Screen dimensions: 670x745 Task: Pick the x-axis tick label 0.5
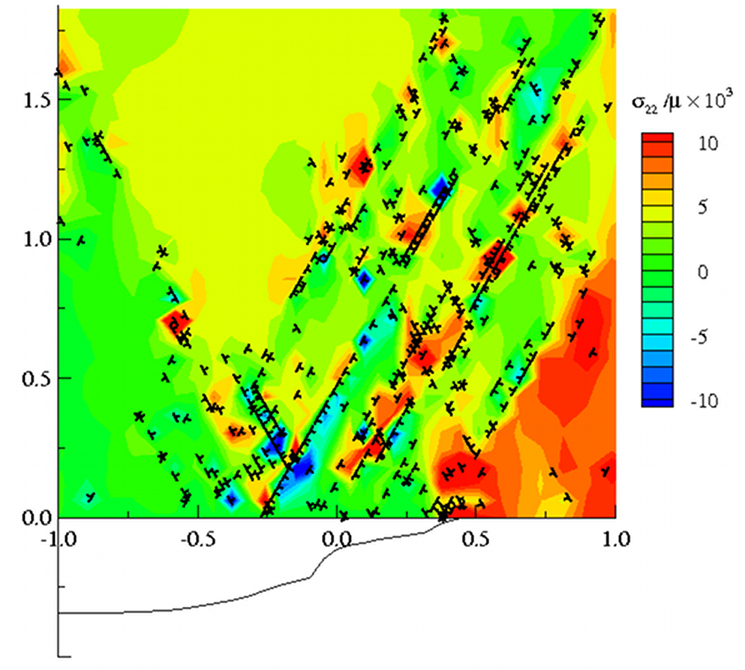(x=477, y=538)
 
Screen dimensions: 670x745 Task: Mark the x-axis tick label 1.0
(x=616, y=538)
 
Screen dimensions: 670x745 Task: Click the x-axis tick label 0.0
(x=339, y=538)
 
